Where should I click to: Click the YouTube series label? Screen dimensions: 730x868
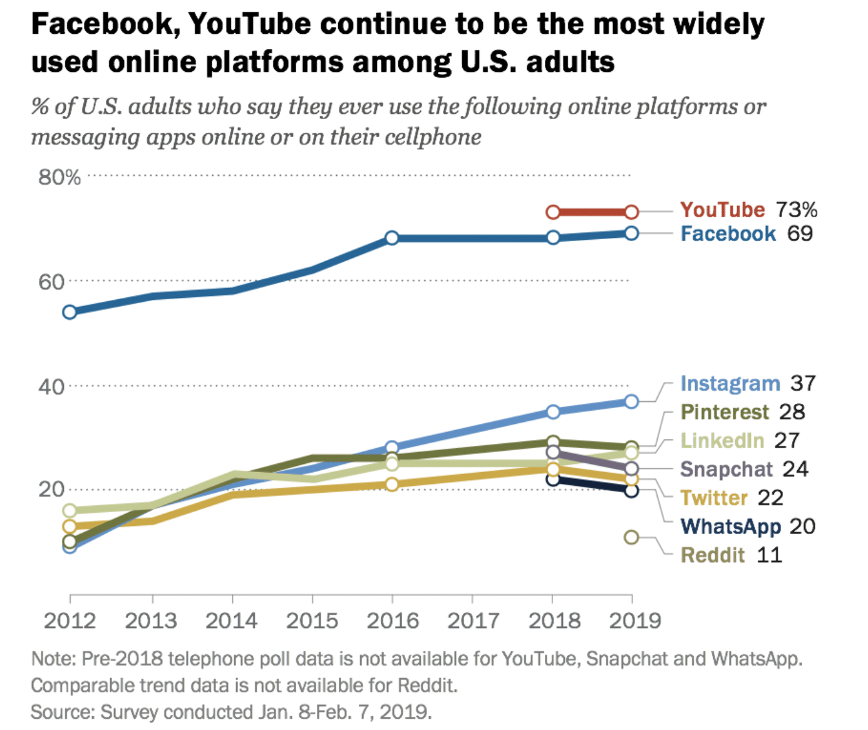coord(722,210)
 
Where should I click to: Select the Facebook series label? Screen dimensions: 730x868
coord(728,234)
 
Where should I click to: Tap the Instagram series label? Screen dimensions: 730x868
coord(730,383)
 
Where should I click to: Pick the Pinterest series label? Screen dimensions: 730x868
coord(725,412)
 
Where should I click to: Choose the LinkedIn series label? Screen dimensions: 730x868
coord(722,441)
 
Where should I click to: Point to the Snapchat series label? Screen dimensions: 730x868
coord(726,470)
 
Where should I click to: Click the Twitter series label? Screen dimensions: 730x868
coord(714,498)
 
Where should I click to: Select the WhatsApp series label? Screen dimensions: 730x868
coord(730,527)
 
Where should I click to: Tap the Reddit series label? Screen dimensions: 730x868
coord(713,555)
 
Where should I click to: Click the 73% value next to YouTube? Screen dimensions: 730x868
coord(796,210)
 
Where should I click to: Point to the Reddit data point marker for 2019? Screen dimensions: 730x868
coord(631,537)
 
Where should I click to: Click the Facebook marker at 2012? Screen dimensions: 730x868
coord(70,312)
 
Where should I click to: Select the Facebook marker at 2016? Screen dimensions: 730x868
coord(392,238)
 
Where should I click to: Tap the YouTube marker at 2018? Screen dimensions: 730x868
coord(553,212)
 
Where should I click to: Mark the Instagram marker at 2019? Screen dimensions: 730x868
coord(631,401)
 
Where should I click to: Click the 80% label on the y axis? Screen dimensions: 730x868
coord(59,177)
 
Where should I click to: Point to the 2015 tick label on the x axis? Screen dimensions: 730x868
coord(312,621)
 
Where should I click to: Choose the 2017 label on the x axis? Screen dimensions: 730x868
coord(473,621)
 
